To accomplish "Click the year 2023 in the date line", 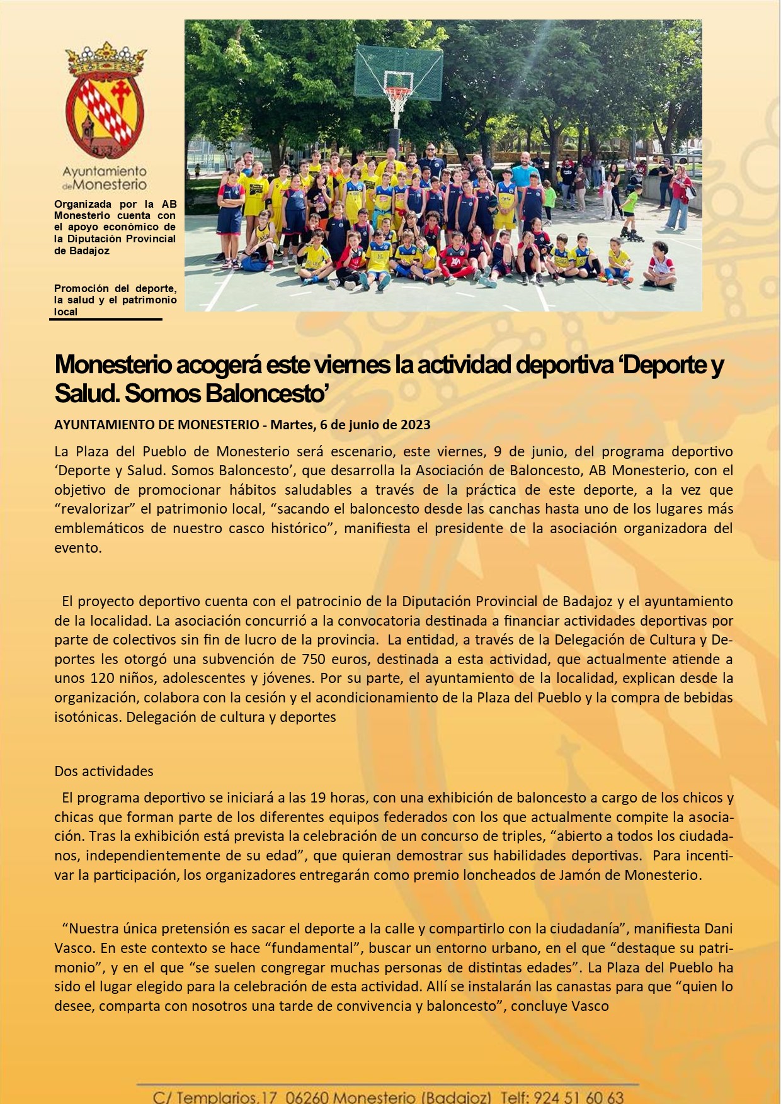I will pyautogui.click(x=416, y=425).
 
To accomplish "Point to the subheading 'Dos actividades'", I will pyautogui.click(x=104, y=771).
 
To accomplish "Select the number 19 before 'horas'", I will pyautogui.click(x=318, y=797).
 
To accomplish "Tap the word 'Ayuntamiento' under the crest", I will pyautogui.click(x=105, y=171).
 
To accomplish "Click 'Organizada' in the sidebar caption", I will pyautogui.click(x=83, y=204).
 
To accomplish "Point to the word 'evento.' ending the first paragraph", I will pyautogui.click(x=77, y=548).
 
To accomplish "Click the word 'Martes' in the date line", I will pyautogui.click(x=290, y=425).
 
